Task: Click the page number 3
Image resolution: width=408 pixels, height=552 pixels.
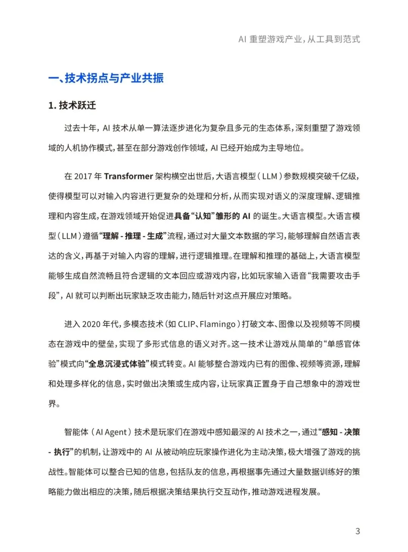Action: coord(357,531)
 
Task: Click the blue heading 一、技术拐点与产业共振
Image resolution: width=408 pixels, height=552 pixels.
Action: coord(106,78)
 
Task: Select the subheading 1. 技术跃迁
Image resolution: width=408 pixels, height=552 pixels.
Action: coord(72,105)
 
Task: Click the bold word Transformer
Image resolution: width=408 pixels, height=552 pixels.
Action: coord(128,176)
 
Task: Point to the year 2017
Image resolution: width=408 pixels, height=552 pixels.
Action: coord(83,176)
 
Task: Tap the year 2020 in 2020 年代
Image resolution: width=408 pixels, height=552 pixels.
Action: coord(91,324)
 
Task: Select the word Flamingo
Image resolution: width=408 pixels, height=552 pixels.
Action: coord(217,324)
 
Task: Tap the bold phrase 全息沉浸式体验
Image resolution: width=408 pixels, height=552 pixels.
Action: coord(117,364)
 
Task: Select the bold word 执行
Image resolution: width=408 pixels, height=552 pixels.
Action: coord(62,452)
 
